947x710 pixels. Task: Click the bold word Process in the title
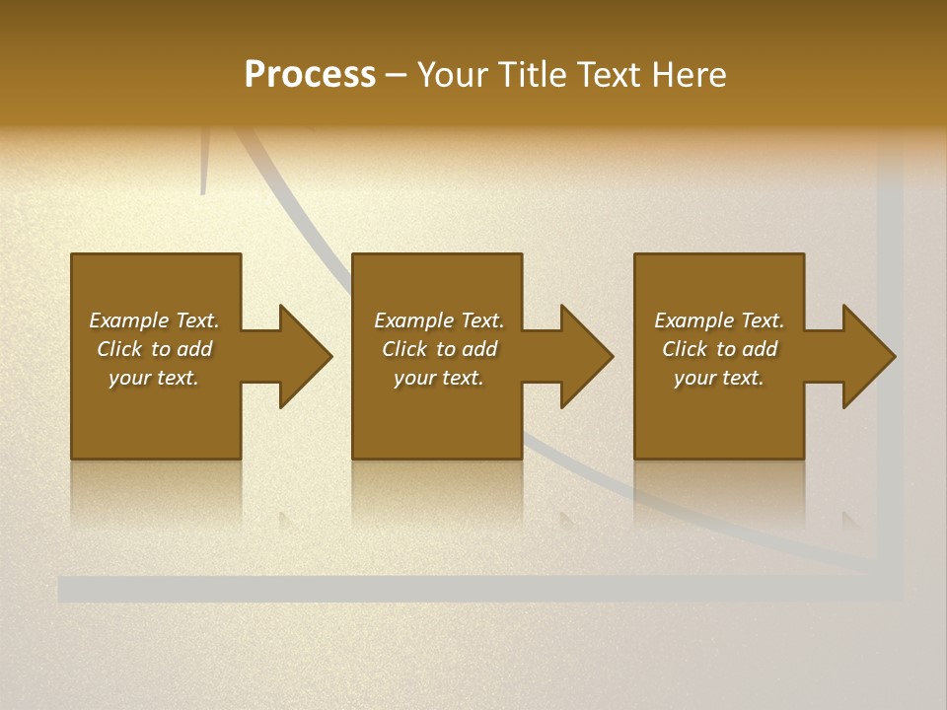point(310,75)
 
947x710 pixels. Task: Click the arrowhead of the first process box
point(305,356)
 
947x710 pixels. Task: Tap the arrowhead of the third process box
point(868,356)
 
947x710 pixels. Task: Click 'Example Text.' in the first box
point(154,320)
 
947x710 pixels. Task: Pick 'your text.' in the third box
point(719,378)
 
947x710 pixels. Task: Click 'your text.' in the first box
point(154,378)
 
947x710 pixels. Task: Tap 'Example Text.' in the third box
point(719,320)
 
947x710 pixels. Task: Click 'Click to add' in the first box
point(154,349)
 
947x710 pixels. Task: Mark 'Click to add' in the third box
point(719,349)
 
